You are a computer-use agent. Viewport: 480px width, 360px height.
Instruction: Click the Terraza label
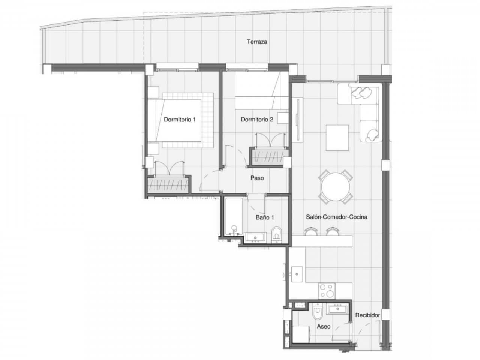click(x=257, y=42)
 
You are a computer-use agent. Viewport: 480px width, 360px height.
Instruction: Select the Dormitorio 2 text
click(x=257, y=120)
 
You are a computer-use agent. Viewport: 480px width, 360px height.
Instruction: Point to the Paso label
click(x=257, y=178)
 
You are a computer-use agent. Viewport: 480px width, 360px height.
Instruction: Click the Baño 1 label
click(x=265, y=217)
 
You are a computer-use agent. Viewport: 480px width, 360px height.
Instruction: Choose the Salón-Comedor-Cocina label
click(x=336, y=217)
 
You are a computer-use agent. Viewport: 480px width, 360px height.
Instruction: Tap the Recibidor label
click(x=367, y=315)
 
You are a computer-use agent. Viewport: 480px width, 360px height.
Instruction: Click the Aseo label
click(x=324, y=326)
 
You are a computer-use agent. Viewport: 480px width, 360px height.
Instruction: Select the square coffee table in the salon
click(x=337, y=137)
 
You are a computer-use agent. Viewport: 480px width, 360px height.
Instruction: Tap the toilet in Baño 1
click(x=277, y=234)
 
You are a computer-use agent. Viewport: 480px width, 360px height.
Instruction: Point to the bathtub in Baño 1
click(x=234, y=217)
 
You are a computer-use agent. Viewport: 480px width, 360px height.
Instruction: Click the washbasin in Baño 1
click(x=256, y=237)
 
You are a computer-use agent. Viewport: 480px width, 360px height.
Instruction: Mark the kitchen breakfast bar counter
click(x=322, y=241)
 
